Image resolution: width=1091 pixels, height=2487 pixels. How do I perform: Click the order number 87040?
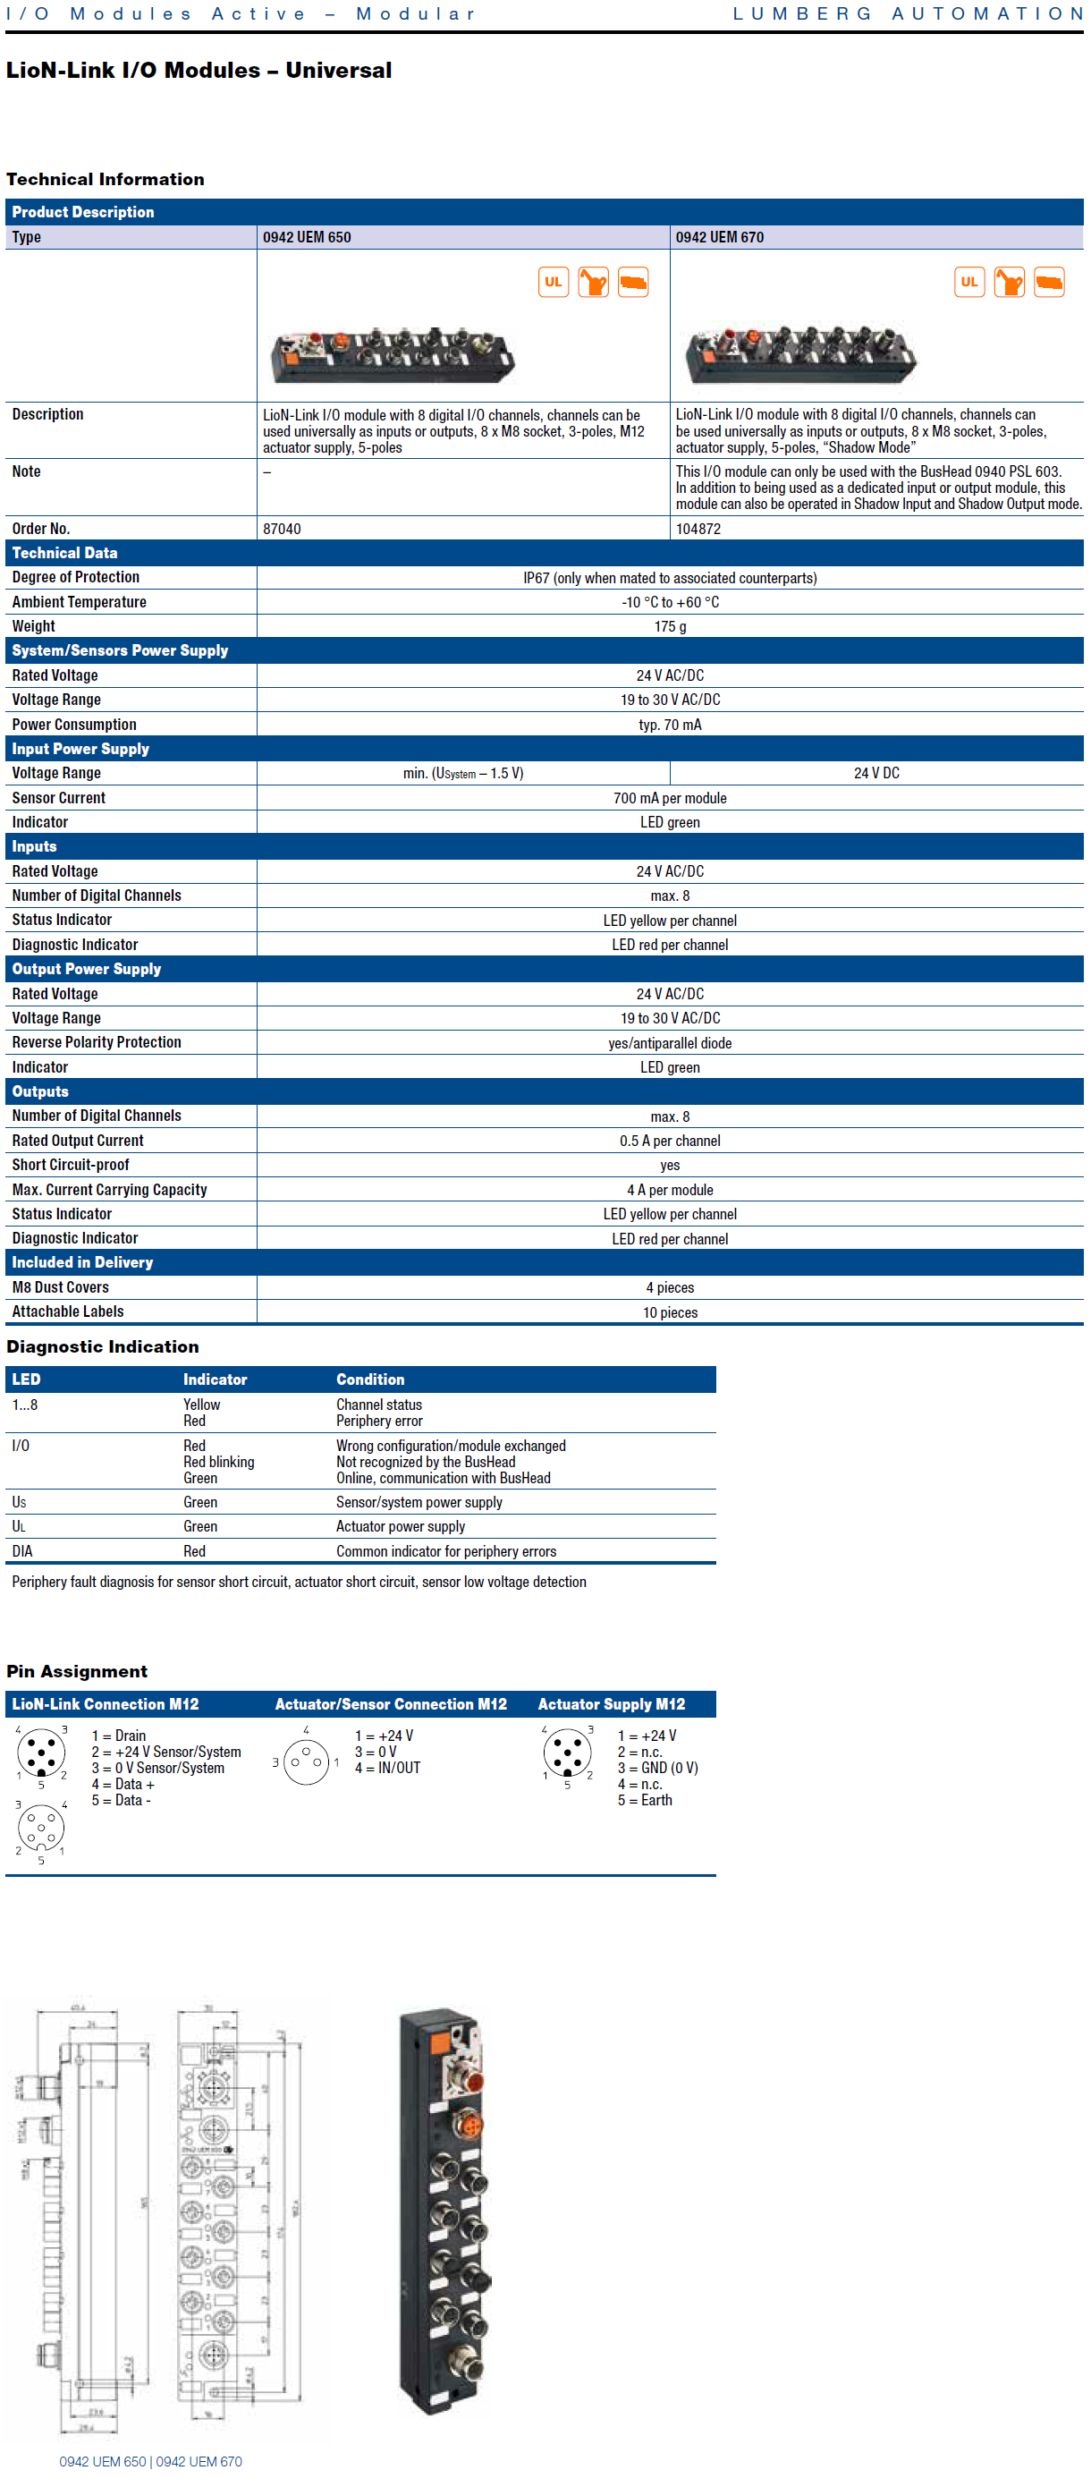(282, 529)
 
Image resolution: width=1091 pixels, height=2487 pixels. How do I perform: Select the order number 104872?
(698, 529)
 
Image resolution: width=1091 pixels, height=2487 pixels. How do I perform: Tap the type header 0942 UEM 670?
(719, 237)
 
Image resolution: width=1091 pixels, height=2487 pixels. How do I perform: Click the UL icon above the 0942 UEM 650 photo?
(554, 282)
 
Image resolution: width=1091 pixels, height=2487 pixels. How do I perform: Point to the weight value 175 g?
(670, 626)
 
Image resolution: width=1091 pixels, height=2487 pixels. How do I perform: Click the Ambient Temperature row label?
(80, 602)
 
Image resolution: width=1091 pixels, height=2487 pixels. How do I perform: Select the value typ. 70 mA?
(670, 725)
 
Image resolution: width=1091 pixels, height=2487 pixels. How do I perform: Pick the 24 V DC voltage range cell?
(876, 773)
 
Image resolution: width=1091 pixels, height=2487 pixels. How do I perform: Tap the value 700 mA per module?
(670, 798)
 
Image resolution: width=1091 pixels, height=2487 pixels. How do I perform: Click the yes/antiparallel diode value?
(670, 1043)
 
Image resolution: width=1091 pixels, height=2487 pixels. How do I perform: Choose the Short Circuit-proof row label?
(71, 1166)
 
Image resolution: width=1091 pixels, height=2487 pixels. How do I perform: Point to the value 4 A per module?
(670, 1191)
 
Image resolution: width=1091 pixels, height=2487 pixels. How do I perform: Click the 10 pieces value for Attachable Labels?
(670, 1312)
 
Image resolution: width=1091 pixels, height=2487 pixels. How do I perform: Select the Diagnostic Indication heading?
(102, 1346)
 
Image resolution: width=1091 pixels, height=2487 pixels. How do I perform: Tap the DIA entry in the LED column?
(22, 1551)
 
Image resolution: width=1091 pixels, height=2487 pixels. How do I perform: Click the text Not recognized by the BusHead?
(426, 1462)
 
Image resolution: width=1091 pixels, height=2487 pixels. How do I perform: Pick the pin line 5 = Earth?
(645, 1801)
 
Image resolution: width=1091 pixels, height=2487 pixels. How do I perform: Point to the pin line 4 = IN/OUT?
(387, 1768)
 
